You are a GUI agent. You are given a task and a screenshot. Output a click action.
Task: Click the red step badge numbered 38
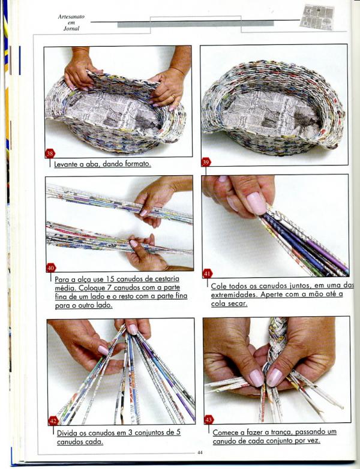[x=50, y=154]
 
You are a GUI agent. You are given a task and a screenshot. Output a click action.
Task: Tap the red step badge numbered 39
[x=206, y=162]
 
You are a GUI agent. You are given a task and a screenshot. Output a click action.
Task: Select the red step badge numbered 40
[x=51, y=268]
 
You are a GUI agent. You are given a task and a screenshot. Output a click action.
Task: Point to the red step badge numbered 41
[x=207, y=273]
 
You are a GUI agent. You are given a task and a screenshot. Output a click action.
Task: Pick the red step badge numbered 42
[x=53, y=421]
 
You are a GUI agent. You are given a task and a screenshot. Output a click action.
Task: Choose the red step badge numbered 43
[x=209, y=420]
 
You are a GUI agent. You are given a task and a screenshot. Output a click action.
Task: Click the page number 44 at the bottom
[x=200, y=453]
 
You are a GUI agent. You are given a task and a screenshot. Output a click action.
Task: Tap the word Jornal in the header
[x=71, y=29]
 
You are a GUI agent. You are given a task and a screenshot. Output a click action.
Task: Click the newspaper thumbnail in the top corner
[x=317, y=17]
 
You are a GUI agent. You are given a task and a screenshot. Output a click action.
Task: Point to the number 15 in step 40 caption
[x=109, y=279]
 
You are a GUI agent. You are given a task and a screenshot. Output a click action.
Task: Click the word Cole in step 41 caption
[x=217, y=286]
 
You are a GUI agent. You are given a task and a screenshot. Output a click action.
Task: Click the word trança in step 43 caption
[x=283, y=432]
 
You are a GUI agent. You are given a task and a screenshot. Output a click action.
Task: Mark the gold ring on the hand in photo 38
[x=173, y=98]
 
